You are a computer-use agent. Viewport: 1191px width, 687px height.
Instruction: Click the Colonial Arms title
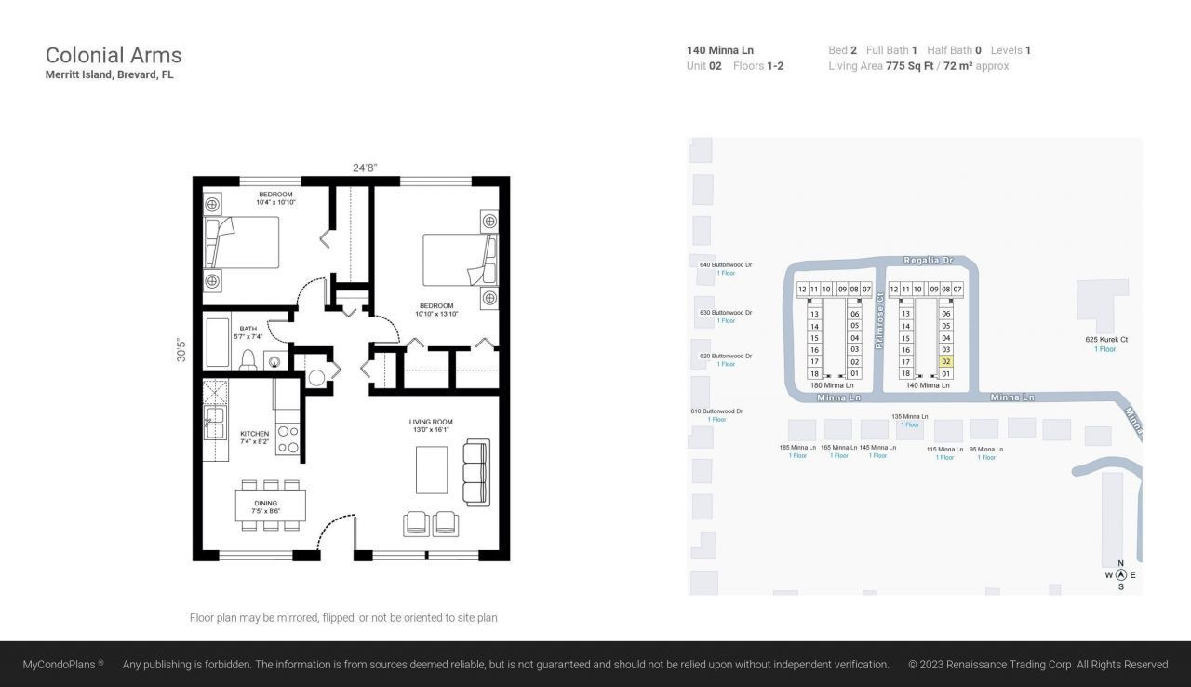click(114, 55)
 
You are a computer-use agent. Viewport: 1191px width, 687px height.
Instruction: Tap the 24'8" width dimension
click(365, 168)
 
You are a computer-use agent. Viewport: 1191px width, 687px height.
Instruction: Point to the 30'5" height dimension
click(182, 349)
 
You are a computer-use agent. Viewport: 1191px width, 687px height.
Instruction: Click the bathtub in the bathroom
click(217, 343)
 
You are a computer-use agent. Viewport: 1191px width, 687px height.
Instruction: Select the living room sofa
click(476, 472)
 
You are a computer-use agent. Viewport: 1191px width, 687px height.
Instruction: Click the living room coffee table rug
click(432, 470)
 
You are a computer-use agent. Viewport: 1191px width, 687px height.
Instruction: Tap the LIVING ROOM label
click(431, 422)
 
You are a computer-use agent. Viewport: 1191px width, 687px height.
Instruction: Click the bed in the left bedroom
click(243, 243)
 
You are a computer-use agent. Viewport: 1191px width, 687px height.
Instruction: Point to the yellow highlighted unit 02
click(946, 361)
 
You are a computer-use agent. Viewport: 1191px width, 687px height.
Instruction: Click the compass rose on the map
click(1120, 574)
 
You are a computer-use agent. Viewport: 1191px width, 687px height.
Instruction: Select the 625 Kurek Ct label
click(1106, 340)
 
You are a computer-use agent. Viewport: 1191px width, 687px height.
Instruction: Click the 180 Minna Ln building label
click(828, 384)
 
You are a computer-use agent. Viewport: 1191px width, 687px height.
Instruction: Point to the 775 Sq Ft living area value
click(909, 66)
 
